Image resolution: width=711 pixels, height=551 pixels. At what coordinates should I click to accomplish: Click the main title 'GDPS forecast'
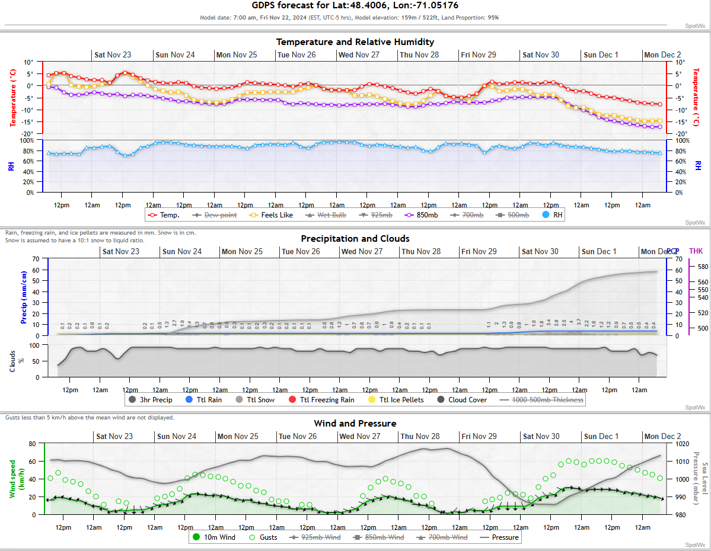pyautogui.click(x=355, y=5)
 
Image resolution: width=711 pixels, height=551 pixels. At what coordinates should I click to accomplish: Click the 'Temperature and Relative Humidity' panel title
pyautogui.click(x=355, y=42)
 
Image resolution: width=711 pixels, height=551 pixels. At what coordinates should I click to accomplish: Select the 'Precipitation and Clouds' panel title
pyautogui.click(x=355, y=239)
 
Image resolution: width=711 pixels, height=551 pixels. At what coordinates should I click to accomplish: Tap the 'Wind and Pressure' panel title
pyautogui.click(x=355, y=424)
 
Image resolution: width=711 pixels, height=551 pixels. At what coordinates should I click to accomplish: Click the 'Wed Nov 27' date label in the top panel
pyautogui.click(x=359, y=55)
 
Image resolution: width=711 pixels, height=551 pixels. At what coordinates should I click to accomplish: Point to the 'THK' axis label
pyautogui.click(x=696, y=252)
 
